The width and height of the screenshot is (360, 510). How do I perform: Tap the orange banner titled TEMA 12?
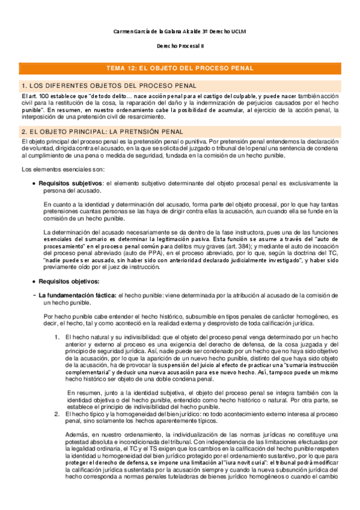click(x=180, y=69)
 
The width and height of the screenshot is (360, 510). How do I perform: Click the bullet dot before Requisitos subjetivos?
click(x=33, y=183)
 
